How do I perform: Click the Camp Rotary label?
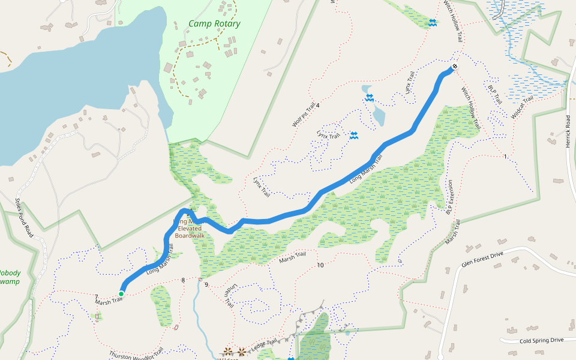[x=214, y=24]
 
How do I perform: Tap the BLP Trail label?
[x=495, y=94]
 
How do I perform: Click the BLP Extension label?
[x=451, y=197]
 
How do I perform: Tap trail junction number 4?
[x=318, y=106]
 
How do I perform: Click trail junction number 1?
[x=506, y=157]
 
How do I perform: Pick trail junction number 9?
[x=206, y=284]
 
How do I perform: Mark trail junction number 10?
[x=320, y=265]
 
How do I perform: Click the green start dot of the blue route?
[x=121, y=293]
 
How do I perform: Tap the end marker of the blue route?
[x=454, y=67]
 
